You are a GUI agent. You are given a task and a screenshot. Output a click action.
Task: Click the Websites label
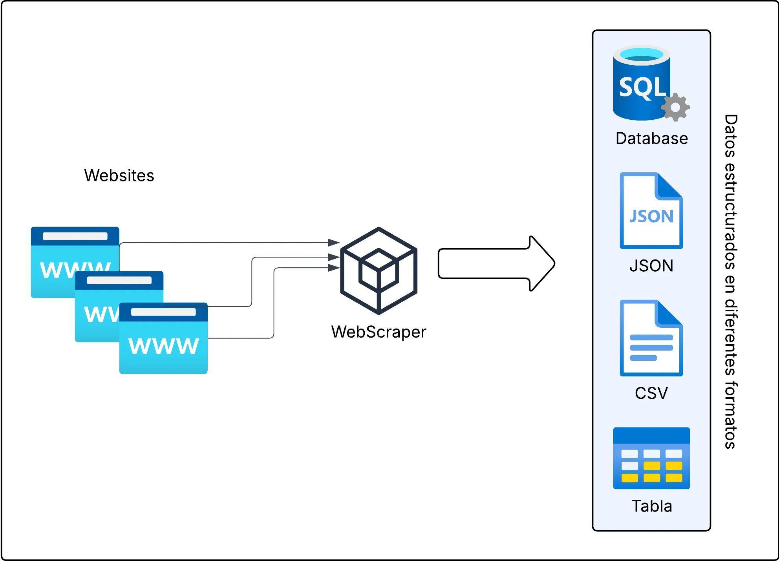[119, 175]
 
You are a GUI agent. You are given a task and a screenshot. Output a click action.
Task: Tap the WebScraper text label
[379, 332]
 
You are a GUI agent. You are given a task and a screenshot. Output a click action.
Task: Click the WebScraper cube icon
[379, 270]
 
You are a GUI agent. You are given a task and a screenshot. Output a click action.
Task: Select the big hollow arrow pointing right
[496, 263]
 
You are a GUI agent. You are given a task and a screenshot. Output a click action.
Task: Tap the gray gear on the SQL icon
[675, 107]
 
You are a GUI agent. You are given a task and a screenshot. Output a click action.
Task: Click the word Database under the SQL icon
[651, 139]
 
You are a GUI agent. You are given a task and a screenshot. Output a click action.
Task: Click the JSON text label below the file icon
[651, 266]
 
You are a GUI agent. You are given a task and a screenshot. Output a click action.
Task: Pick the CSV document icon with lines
[651, 338]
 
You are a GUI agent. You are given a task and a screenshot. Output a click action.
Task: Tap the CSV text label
[651, 393]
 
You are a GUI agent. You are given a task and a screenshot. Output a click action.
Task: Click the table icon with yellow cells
[651, 458]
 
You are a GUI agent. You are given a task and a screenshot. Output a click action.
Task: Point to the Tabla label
[651, 506]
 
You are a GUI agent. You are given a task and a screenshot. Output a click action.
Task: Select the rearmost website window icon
[59, 251]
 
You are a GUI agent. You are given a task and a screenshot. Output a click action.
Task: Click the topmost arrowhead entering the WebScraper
[334, 243]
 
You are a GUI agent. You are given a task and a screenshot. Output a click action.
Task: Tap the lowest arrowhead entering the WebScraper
[334, 268]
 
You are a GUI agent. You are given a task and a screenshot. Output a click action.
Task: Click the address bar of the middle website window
[119, 280]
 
